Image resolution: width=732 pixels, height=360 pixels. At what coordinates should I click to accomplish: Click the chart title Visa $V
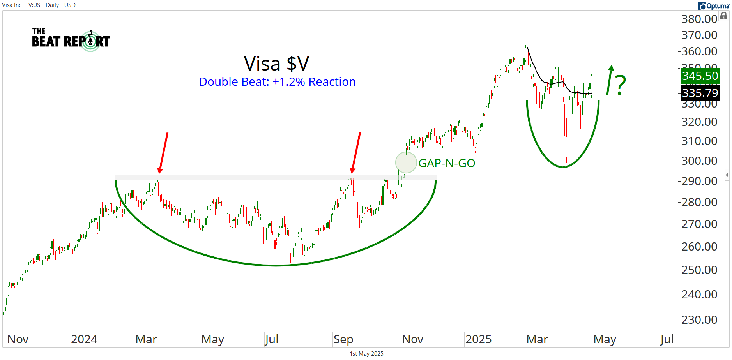(x=276, y=64)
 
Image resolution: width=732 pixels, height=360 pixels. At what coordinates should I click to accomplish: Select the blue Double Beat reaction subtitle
(x=277, y=82)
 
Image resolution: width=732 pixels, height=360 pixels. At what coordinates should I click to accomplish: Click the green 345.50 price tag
(x=700, y=76)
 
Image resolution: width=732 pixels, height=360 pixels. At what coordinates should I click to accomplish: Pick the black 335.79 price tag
(x=700, y=93)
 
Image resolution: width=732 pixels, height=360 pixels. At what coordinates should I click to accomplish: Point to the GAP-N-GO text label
(x=447, y=163)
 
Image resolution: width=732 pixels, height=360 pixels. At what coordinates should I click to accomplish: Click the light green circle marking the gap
(x=406, y=162)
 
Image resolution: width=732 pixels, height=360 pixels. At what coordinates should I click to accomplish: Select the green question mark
(x=620, y=85)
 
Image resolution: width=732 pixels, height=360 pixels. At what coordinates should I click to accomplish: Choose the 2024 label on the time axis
(x=84, y=339)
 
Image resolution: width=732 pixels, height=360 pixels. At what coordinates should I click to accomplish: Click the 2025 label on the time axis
(x=478, y=339)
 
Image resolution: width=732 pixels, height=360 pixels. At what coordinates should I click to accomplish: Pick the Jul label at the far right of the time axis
(x=667, y=339)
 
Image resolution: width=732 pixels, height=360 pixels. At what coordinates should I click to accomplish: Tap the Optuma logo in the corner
(x=714, y=5)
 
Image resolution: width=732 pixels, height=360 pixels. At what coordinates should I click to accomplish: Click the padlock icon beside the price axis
(x=724, y=16)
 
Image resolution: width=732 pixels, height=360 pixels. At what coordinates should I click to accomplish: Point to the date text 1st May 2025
(x=366, y=354)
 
